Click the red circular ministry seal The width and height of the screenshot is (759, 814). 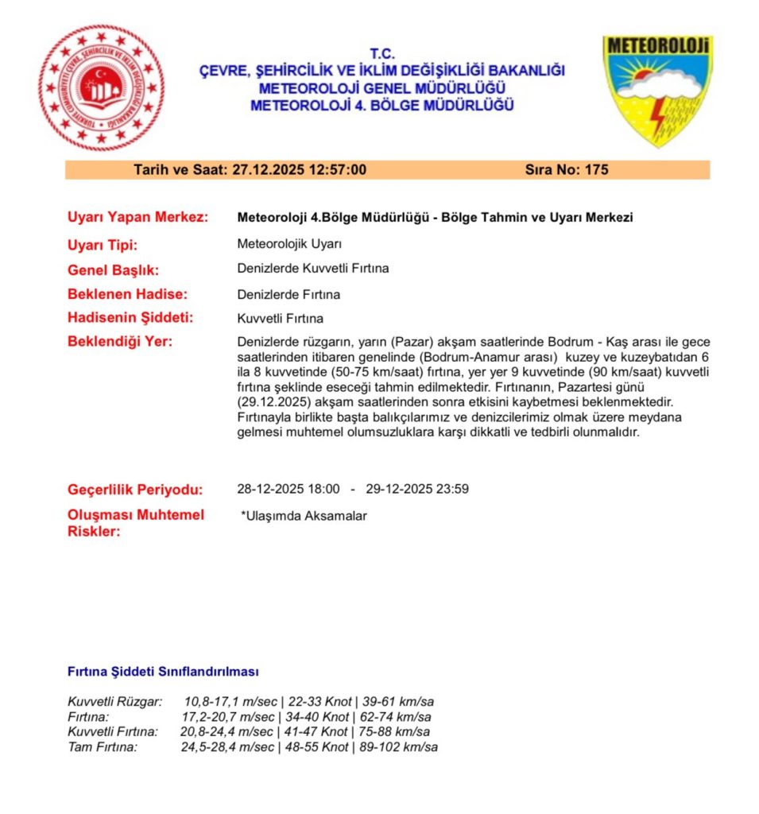point(101,87)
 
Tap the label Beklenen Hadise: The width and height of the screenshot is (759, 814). point(127,294)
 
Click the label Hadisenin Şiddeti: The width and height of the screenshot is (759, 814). point(130,318)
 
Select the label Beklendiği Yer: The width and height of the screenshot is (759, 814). point(119,342)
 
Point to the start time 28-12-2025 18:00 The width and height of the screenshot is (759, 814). point(288,489)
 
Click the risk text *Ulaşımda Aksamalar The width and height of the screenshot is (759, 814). point(304,516)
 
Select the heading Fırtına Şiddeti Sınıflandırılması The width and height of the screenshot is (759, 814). point(163,672)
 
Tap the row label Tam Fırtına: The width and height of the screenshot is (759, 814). point(103,747)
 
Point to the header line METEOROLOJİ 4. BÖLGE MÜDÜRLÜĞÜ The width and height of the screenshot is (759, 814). point(382,105)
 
